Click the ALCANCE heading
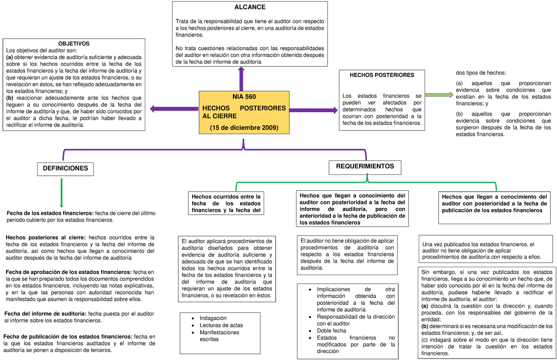(250, 7)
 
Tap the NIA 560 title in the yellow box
(244, 96)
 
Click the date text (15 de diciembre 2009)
(244, 128)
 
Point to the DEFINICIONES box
(65, 169)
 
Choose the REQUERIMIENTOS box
(365, 166)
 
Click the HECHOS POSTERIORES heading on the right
(382, 75)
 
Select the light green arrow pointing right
(439, 95)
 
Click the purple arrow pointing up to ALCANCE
(241, 79)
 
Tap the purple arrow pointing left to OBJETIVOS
(174, 109)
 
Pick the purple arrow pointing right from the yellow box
(316, 110)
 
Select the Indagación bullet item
(213, 318)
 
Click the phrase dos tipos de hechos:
(481, 73)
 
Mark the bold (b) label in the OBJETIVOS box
(9, 98)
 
